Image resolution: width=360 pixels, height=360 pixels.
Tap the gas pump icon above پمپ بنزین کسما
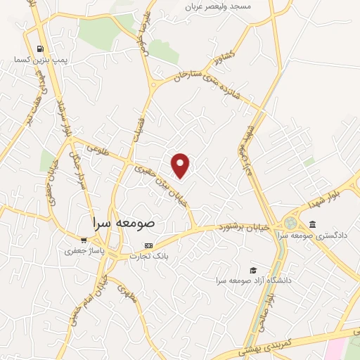[x=39, y=49]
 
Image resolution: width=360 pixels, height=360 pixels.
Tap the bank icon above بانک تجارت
[x=148, y=245]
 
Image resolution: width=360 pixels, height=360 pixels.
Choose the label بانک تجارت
[x=149, y=256]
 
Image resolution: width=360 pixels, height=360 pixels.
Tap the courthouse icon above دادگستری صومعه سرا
[x=312, y=224]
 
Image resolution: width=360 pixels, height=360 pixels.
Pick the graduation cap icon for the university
[x=252, y=270]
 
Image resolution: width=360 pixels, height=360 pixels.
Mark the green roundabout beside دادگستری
[x=290, y=224]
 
